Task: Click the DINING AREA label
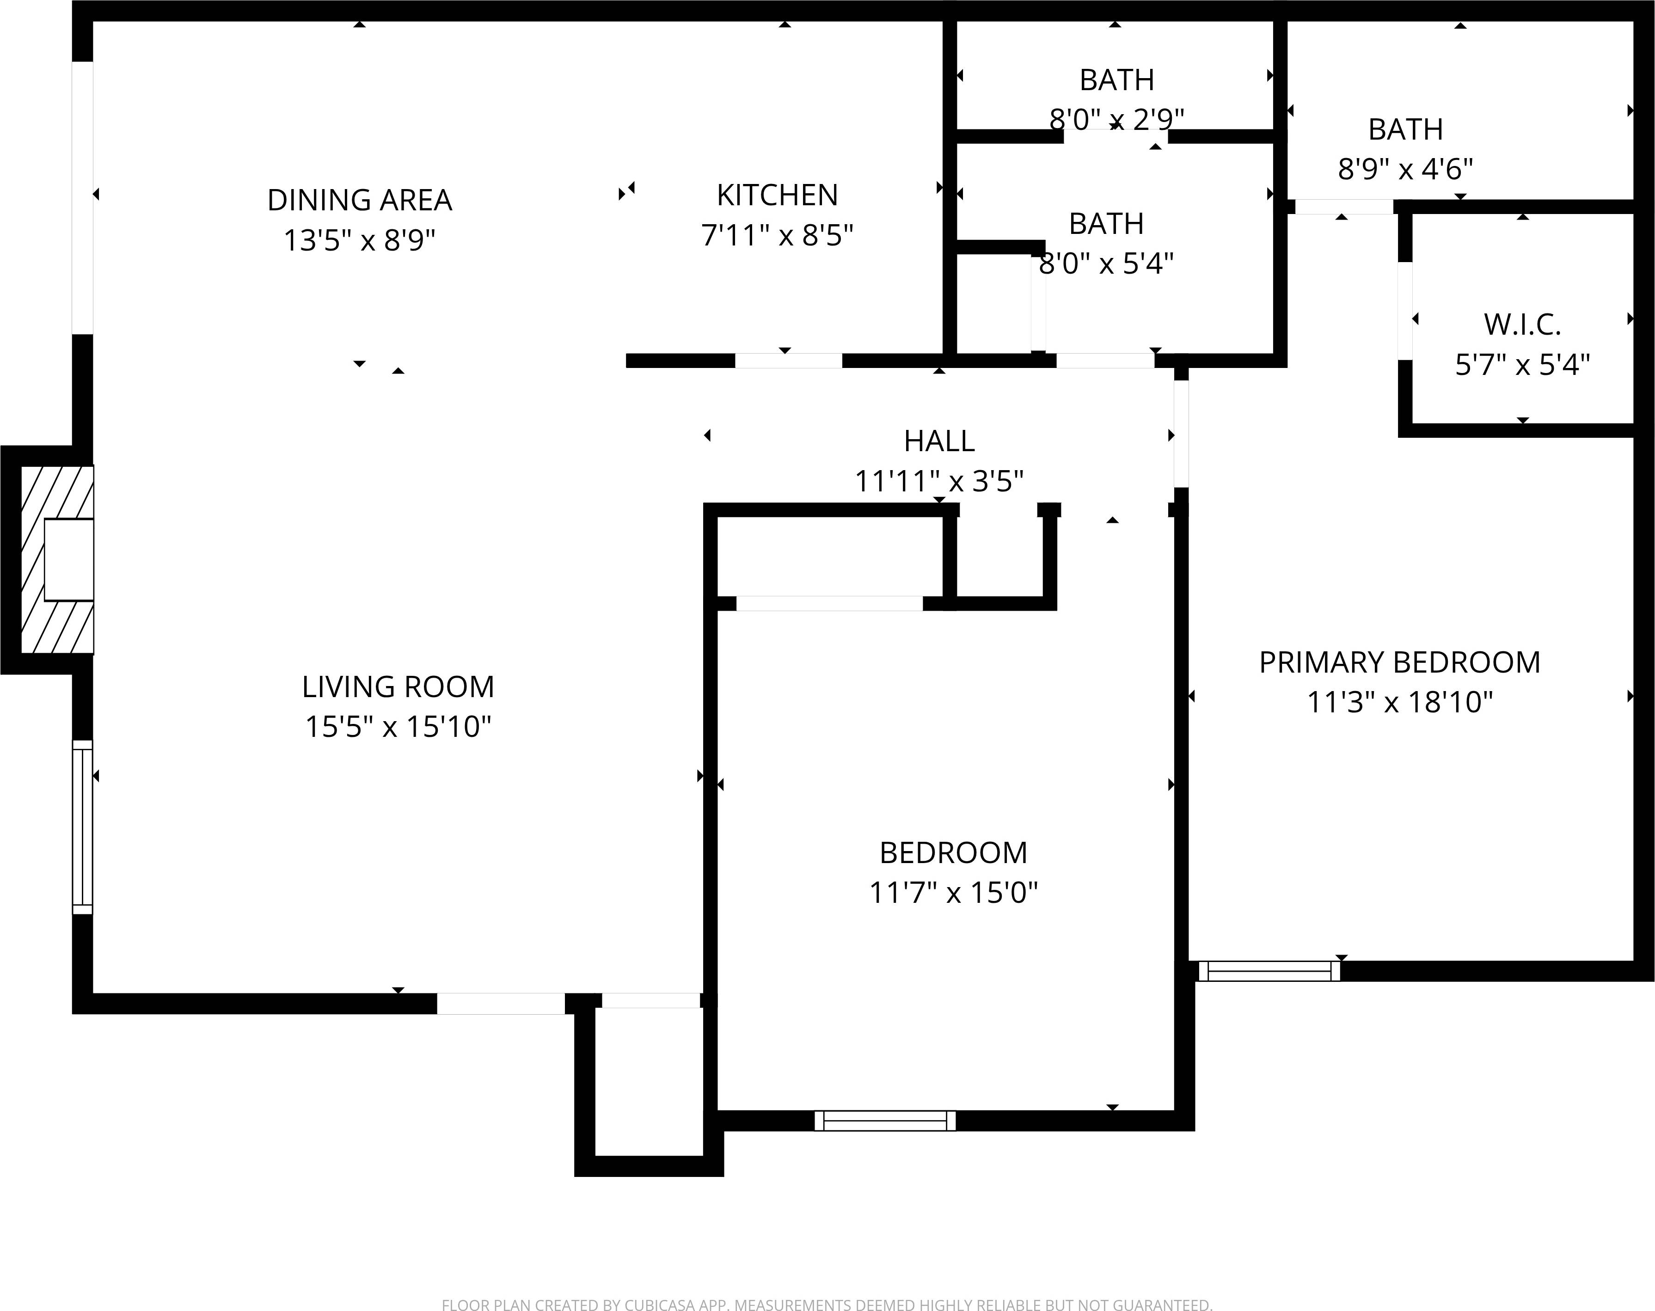click(359, 200)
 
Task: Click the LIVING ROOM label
click(398, 687)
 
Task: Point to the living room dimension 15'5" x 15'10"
click(398, 726)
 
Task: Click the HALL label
click(939, 441)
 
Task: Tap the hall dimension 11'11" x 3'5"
click(939, 481)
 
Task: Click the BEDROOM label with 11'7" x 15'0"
click(953, 853)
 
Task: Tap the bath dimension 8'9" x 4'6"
click(1405, 169)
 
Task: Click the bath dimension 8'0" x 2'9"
click(1116, 120)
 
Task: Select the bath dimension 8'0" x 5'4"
click(1105, 263)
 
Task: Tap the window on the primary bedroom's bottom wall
click(1269, 971)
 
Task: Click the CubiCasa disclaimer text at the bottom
click(827, 1303)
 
